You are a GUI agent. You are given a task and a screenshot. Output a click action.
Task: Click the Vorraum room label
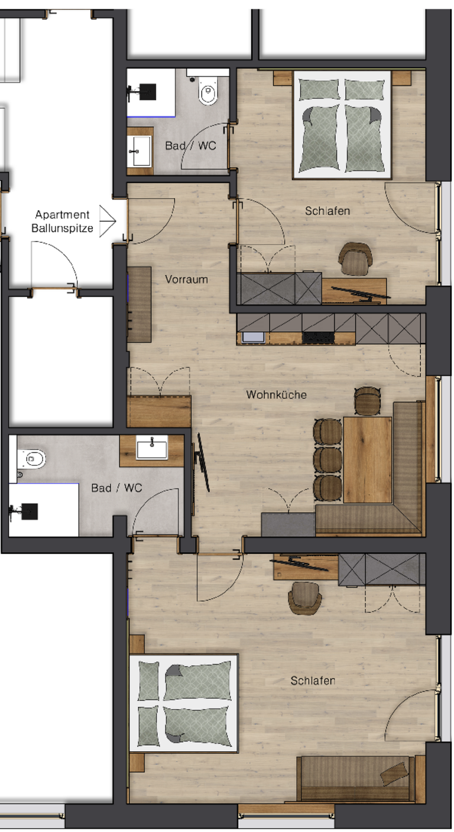[x=186, y=279]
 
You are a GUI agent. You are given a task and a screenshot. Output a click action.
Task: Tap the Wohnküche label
[x=276, y=394]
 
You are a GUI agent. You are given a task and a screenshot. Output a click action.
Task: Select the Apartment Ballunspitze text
[x=62, y=221]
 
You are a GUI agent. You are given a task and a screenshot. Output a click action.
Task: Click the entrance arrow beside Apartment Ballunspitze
[x=108, y=221]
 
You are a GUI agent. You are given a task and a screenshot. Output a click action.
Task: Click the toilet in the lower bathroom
[x=31, y=459]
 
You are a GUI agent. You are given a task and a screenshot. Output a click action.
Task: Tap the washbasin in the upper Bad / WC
[x=140, y=151]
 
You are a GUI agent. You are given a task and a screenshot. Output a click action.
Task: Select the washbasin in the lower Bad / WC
[x=152, y=448]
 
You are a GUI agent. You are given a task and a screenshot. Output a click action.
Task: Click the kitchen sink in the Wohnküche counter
[x=253, y=337]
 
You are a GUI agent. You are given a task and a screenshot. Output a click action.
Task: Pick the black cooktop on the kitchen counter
[x=318, y=337]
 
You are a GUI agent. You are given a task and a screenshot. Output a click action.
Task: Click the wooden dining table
[x=367, y=460]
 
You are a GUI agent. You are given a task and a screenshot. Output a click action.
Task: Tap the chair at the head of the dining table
[x=367, y=401]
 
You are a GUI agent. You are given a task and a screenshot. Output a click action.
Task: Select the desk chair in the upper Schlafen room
[x=355, y=259]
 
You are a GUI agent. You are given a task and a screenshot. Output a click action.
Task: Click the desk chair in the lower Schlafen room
[x=305, y=598]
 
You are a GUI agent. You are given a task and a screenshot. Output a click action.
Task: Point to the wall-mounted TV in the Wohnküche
[x=202, y=462]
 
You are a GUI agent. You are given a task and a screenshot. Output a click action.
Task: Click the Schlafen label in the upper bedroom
[x=327, y=211]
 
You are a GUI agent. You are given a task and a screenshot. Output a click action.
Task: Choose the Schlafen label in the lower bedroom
[x=313, y=681]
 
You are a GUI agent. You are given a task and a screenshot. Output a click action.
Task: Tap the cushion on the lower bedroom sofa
[x=394, y=774]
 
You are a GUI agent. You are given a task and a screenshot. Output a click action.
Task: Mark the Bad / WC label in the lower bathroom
[x=117, y=488]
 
